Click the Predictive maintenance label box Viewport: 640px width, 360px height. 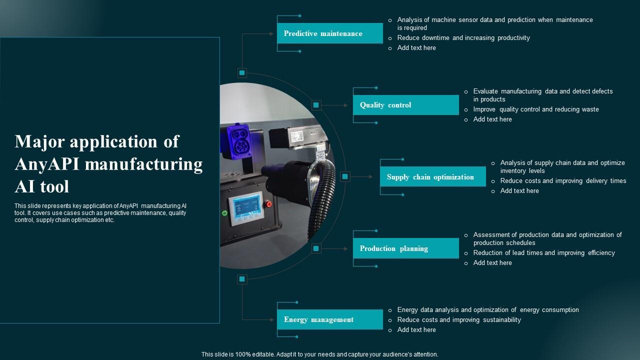(330, 33)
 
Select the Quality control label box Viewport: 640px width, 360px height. (405, 105)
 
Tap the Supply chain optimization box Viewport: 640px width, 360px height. (432, 177)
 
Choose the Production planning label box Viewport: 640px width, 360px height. (405, 248)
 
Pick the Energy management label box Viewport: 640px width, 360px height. (330, 319)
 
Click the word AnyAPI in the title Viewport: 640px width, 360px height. (49, 164)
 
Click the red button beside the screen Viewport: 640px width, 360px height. (268, 204)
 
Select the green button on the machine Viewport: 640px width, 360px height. (224, 213)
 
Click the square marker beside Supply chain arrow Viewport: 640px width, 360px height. (345, 176)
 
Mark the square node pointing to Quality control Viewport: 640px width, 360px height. (316, 105)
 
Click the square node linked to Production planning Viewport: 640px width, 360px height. (316, 248)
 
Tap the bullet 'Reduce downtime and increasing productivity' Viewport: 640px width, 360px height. (463, 38)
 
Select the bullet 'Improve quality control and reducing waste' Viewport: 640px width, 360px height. (535, 109)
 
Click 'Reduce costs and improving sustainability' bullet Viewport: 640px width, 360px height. (458, 320)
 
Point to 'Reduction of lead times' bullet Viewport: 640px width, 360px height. (543, 253)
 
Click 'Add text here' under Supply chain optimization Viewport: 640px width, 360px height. (519, 191)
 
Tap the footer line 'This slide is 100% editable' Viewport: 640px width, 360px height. (319, 354)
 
